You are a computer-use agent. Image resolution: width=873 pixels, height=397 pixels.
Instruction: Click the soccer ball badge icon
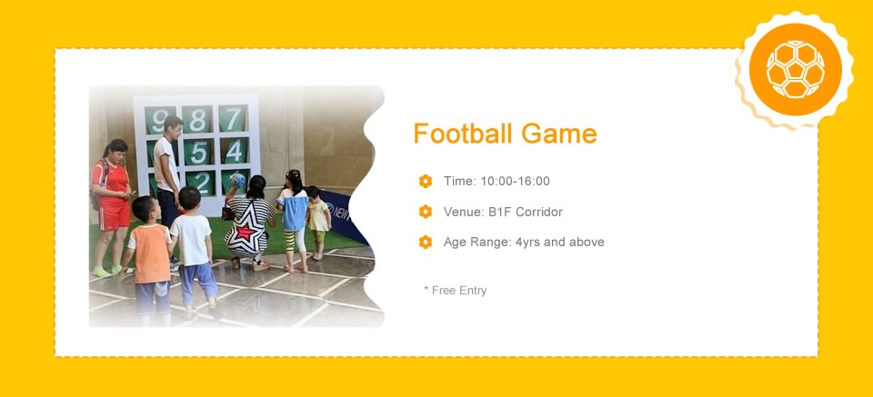795,70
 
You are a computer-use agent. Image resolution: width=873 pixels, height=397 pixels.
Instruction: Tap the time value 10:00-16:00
515,182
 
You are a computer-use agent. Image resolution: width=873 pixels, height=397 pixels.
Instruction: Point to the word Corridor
538,212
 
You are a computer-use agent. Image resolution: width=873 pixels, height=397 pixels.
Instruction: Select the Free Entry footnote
455,290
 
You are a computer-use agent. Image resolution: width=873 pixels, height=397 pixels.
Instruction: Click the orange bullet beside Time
426,182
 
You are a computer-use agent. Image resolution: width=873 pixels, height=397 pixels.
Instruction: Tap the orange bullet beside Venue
426,212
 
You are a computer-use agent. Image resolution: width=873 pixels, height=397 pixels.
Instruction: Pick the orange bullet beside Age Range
426,242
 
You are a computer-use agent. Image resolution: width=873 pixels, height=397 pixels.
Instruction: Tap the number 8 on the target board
197,120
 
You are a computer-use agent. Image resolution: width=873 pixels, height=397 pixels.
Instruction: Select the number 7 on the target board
234,118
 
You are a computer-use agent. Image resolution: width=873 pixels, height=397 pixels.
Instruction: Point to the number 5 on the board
199,153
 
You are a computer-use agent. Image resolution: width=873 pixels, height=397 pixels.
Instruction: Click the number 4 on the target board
235,151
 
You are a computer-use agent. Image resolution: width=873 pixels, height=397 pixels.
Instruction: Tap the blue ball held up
238,180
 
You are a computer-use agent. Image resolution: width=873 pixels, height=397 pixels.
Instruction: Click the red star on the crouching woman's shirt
246,232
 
